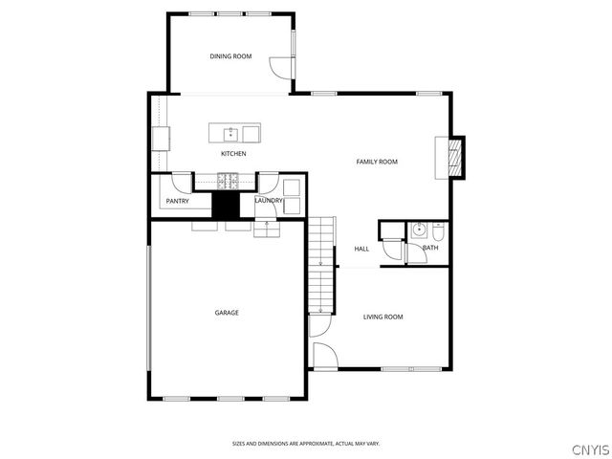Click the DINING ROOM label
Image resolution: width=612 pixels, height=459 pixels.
[x=230, y=57]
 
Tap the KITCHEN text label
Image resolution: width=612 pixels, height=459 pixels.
[x=233, y=154]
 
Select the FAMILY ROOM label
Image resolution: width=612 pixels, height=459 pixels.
[x=377, y=162]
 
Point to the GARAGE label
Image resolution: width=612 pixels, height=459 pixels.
[x=227, y=313]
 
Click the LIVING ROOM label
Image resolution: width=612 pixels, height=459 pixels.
[x=382, y=317]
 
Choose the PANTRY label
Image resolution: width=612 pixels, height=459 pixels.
[x=177, y=201]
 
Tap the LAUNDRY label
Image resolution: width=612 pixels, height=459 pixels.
[x=269, y=200]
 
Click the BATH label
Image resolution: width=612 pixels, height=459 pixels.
[x=430, y=249]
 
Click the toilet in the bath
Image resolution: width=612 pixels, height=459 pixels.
[x=437, y=231]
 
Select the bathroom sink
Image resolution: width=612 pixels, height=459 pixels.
[x=418, y=230]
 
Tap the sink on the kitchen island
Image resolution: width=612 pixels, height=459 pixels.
[x=229, y=133]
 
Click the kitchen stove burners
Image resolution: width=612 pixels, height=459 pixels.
[x=229, y=179]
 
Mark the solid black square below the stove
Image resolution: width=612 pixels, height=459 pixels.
[x=226, y=206]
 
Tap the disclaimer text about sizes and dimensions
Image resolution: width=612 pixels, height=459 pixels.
[x=306, y=443]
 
